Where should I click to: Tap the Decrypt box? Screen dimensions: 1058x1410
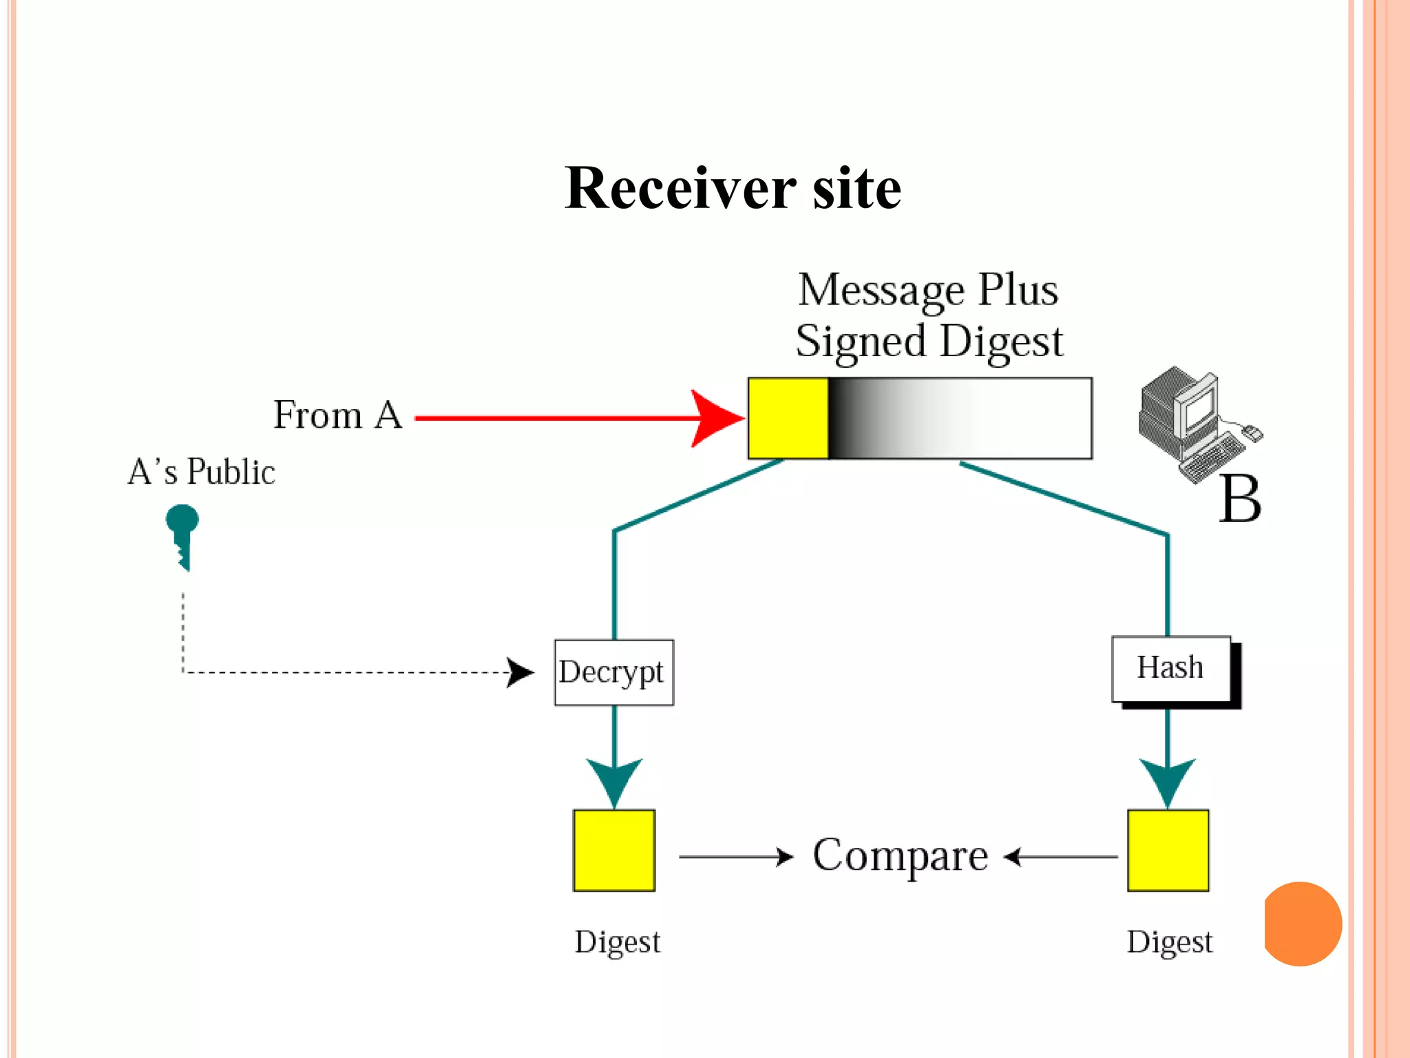tap(613, 672)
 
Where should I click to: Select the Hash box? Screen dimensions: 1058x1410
tap(1171, 669)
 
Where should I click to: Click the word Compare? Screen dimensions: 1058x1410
tap(900, 856)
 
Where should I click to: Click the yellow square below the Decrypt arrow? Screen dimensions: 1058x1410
tap(614, 851)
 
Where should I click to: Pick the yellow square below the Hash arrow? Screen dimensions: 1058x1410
tap(1168, 851)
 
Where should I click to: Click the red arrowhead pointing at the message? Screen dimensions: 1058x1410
tap(716, 418)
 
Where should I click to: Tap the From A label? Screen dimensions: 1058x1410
tap(337, 415)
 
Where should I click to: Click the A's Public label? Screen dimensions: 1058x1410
tap(201, 473)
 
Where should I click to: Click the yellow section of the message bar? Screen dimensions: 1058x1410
tap(788, 418)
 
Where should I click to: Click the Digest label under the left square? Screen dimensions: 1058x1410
tap(617, 942)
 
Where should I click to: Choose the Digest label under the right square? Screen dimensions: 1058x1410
tap(1169, 942)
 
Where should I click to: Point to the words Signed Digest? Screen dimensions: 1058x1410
tap(929, 342)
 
